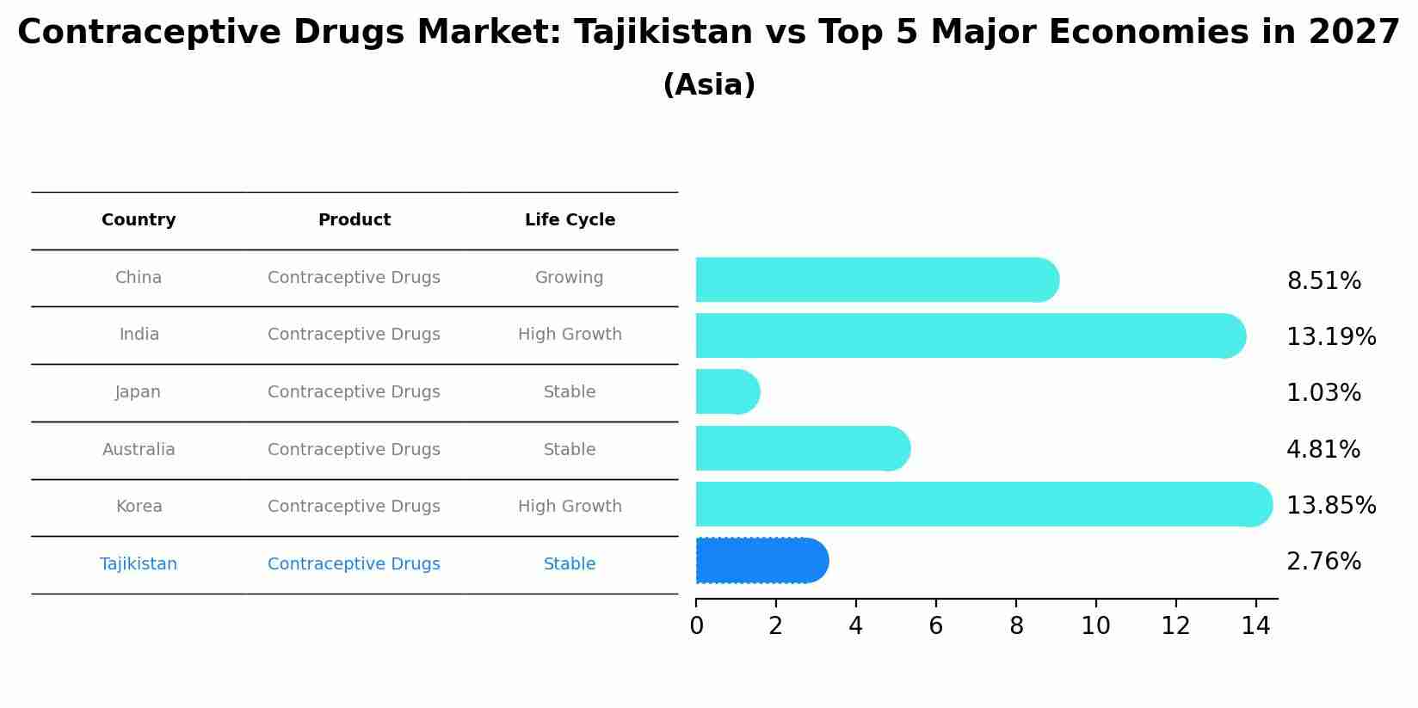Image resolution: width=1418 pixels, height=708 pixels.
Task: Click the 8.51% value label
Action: pyautogui.click(x=1323, y=281)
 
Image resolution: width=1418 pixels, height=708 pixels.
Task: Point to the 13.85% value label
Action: pyautogui.click(x=1330, y=505)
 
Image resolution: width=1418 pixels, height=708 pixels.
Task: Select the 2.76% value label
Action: pyautogui.click(x=1323, y=562)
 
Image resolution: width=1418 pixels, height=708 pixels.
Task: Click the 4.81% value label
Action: pyautogui.click(x=1322, y=449)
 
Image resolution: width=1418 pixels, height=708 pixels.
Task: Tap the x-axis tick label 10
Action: pyautogui.click(x=1095, y=626)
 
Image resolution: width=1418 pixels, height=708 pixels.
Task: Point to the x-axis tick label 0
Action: pyautogui.click(x=696, y=626)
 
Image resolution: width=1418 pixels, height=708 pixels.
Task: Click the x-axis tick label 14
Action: pyautogui.click(x=1255, y=626)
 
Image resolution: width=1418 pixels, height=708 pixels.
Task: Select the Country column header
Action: pyautogui.click(x=139, y=220)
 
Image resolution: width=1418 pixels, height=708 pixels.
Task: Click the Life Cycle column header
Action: pyautogui.click(x=570, y=220)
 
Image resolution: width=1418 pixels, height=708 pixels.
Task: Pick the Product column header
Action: pyautogui.click(x=354, y=220)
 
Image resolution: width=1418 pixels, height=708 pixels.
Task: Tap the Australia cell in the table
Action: pyautogui.click(x=139, y=449)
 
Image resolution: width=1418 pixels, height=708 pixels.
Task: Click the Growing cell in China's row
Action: pyautogui.click(x=569, y=278)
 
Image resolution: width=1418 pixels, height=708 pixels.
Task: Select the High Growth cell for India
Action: pyautogui.click(x=570, y=335)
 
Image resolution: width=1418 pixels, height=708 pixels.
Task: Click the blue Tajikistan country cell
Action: pyautogui.click(x=139, y=564)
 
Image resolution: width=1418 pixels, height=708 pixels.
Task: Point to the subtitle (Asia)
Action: pyautogui.click(x=709, y=85)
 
